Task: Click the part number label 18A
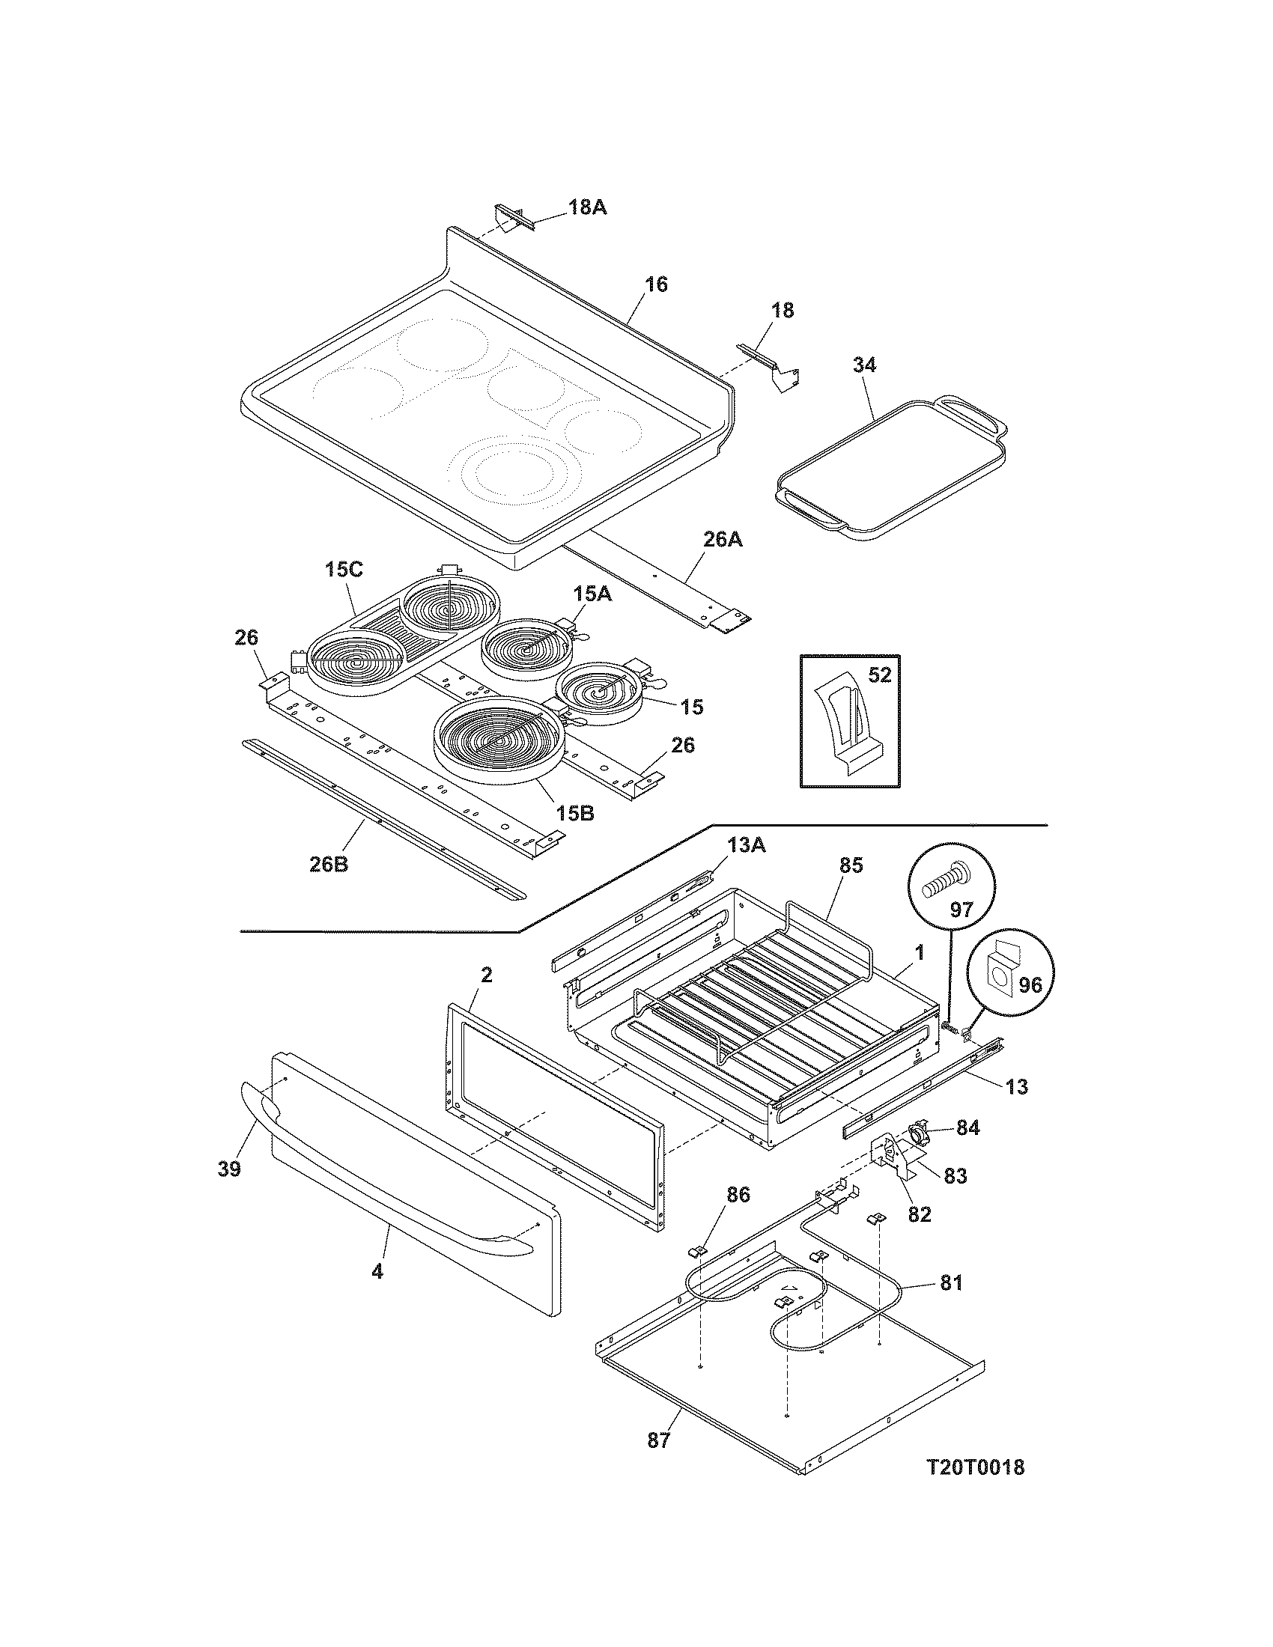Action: [587, 207]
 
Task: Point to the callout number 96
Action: [1029, 984]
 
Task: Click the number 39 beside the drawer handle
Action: [229, 1169]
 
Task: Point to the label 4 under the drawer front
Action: [377, 1271]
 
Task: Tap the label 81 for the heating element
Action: [951, 1282]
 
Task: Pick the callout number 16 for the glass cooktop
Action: [655, 284]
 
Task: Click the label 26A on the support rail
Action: [722, 539]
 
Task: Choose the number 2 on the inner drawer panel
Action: [486, 975]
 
